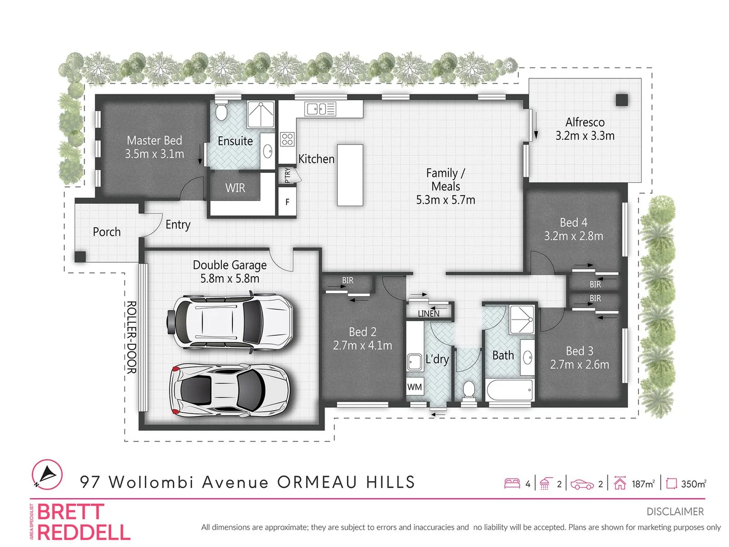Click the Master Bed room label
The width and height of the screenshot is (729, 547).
click(154, 140)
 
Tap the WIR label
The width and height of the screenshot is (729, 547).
click(235, 188)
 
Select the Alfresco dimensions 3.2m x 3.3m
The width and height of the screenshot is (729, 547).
click(585, 136)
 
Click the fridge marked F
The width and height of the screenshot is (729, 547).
click(287, 202)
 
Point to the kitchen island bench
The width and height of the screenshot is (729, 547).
click(350, 175)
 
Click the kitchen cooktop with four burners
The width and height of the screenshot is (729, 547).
click(287, 139)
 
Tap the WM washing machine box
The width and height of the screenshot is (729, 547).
click(415, 387)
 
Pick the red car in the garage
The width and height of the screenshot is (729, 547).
click(230, 389)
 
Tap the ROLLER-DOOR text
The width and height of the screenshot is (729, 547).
click(131, 337)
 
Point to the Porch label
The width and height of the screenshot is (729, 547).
click(107, 232)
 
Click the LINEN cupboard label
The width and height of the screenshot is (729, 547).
click(428, 314)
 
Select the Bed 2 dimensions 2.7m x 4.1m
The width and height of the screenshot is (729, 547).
click(362, 345)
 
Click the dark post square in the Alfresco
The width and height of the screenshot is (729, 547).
click(622, 100)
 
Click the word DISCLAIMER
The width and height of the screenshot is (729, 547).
click(675, 512)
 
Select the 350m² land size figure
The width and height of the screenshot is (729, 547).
click(693, 484)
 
